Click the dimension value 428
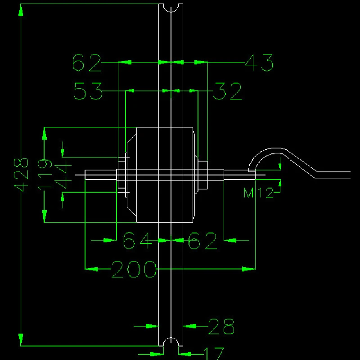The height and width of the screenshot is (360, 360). (x=21, y=175)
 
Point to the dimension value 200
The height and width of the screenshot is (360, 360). (x=134, y=270)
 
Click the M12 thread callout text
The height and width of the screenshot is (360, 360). (x=258, y=193)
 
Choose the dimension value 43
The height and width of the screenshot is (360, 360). (x=260, y=63)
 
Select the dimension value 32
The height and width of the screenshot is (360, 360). (x=228, y=91)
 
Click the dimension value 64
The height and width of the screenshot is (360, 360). (x=138, y=241)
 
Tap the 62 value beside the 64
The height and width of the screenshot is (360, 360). (x=202, y=241)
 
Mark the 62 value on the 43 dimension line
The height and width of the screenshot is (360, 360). (x=87, y=63)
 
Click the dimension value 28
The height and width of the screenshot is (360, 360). (x=221, y=327)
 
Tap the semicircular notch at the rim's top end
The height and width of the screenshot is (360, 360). (x=171, y=7)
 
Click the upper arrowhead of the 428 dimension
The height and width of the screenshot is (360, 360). (x=21, y=11)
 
